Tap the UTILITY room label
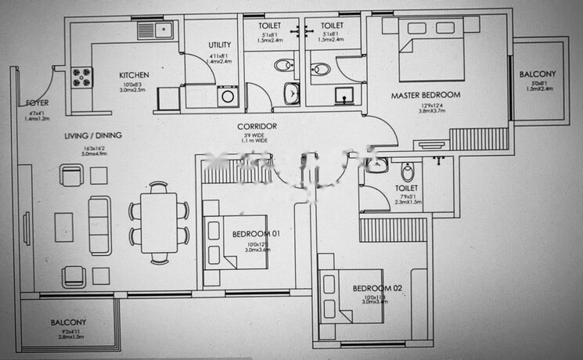219,45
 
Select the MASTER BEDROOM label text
426,95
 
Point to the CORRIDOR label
257,127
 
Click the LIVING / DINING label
92,135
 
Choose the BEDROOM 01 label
257,234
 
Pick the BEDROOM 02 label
376,289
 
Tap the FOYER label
36,103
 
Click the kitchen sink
149,31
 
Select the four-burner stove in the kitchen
82,77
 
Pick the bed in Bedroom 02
345,296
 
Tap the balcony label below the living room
69,322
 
